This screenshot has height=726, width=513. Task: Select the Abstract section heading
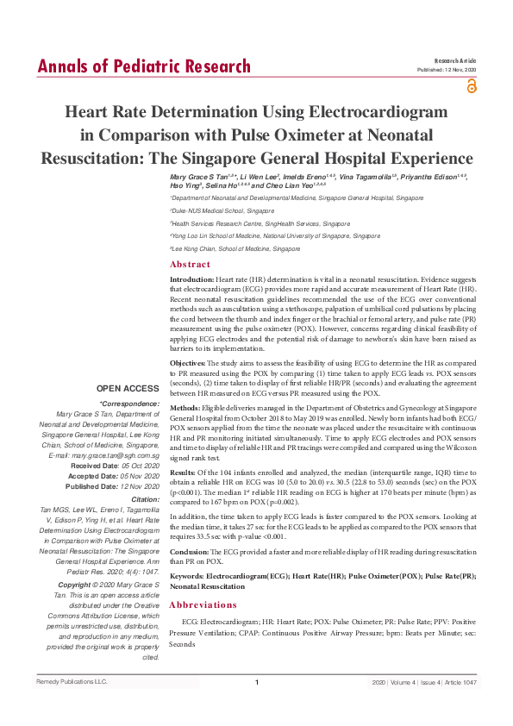click(190, 264)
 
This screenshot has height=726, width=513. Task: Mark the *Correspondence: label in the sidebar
click(130, 404)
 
